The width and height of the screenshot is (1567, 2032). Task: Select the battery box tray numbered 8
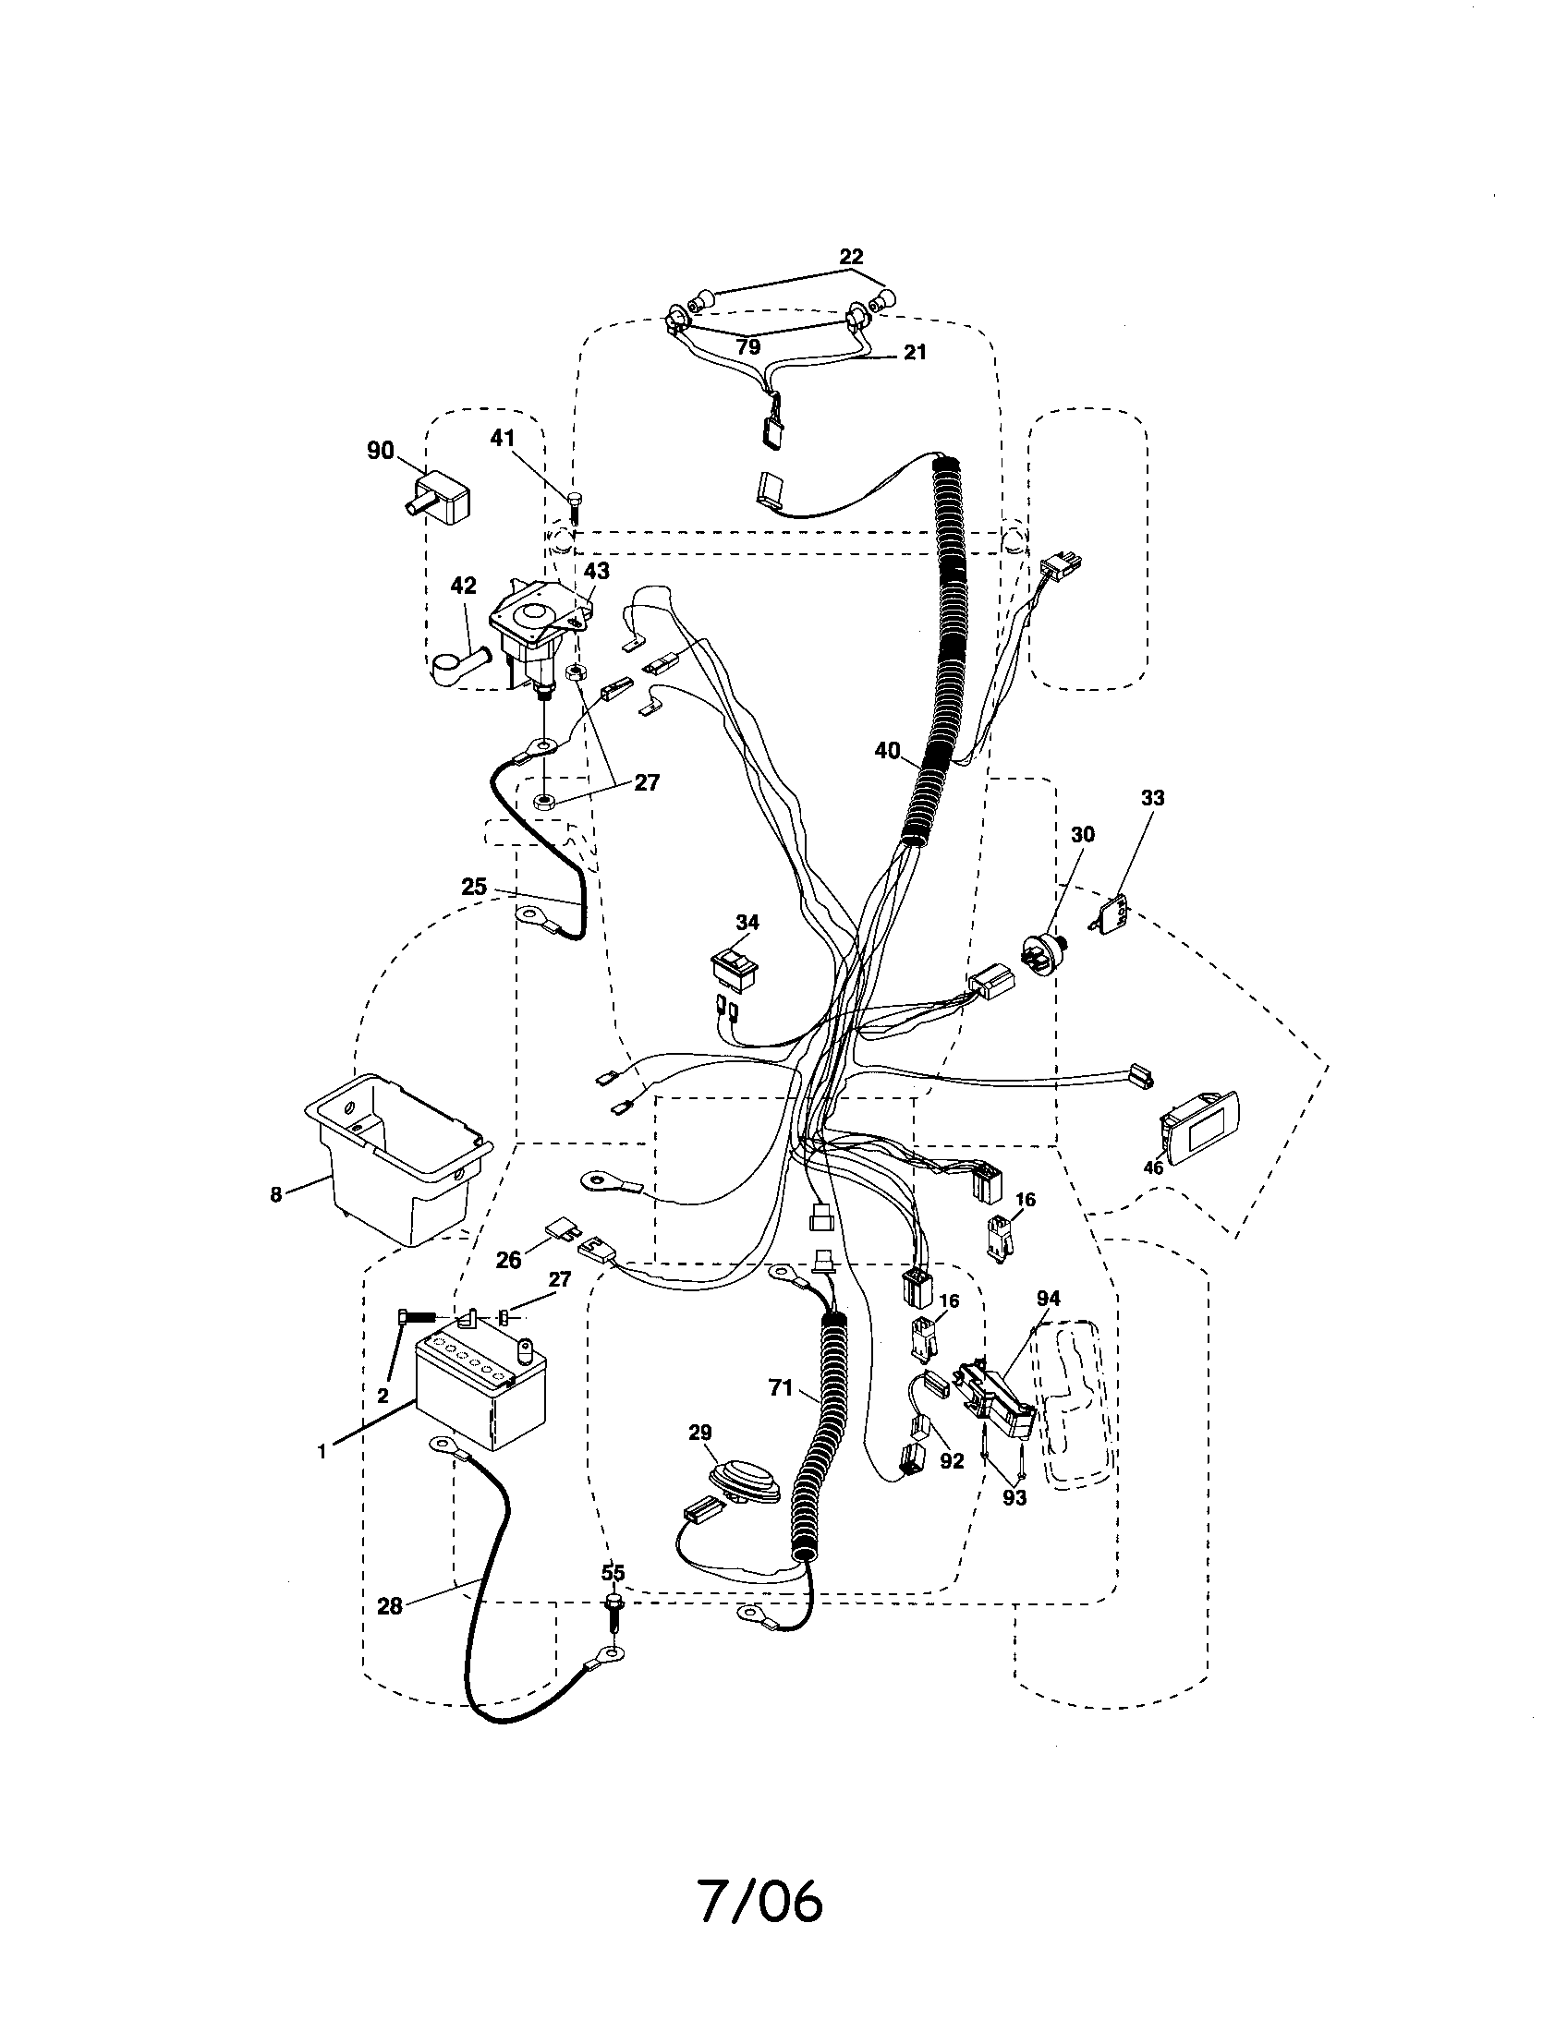tap(398, 1158)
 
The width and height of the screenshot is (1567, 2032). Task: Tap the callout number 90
tap(380, 452)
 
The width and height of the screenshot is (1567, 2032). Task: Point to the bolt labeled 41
tap(574, 509)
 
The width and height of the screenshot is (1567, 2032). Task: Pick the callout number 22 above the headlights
tap(851, 257)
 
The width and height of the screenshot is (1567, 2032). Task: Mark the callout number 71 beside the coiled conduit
tap(781, 1414)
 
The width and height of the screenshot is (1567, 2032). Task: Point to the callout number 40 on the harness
tap(888, 750)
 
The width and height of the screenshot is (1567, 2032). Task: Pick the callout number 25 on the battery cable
tap(474, 887)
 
